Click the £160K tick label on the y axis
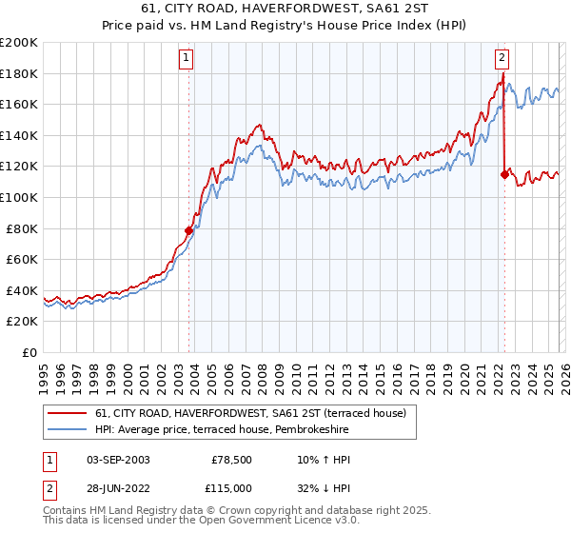click(x=19, y=105)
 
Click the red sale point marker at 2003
click(x=188, y=230)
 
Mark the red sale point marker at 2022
click(x=503, y=174)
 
